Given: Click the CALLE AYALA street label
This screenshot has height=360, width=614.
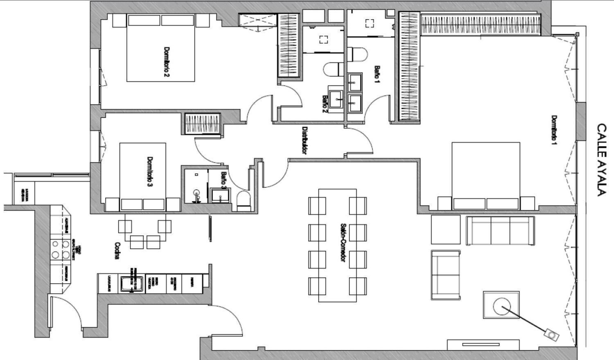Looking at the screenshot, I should pyautogui.click(x=600, y=160).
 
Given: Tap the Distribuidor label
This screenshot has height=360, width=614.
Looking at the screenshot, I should pyautogui.click(x=304, y=140).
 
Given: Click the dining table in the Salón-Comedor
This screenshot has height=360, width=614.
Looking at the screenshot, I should pyautogui.click(x=337, y=245).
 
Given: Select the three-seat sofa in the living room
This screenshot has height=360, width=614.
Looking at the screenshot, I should pyautogui.click(x=500, y=230).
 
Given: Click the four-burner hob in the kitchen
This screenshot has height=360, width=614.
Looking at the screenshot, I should pyautogui.click(x=60, y=250).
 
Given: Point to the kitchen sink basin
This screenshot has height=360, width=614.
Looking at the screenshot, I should pyautogui.click(x=130, y=283).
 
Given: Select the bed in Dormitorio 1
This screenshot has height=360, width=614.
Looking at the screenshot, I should pyautogui.click(x=486, y=176).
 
